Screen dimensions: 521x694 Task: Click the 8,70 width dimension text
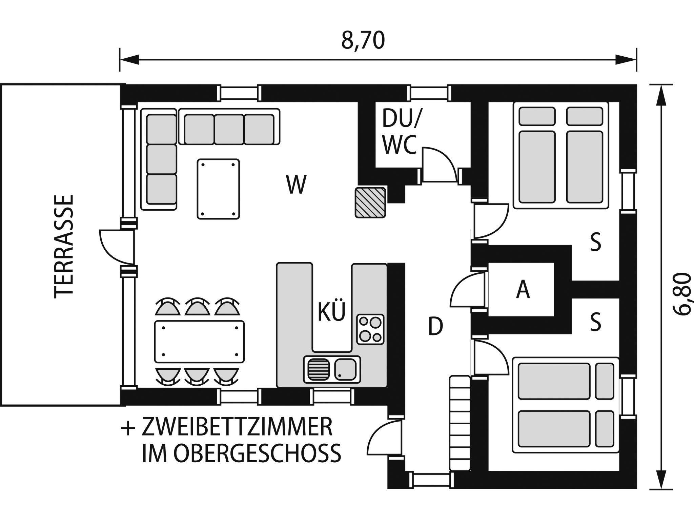tap(363, 41)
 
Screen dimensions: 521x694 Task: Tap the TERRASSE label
tap(64, 246)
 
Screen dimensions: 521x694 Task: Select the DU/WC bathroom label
tap(400, 132)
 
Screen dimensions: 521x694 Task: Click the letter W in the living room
tap(296, 185)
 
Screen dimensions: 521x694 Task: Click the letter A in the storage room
tap(523, 290)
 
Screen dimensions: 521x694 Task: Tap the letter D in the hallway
tap(435, 326)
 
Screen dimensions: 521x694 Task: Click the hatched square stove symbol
tap(370, 202)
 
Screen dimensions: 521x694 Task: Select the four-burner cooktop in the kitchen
tap(370, 329)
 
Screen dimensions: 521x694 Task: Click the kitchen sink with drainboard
tap(332, 369)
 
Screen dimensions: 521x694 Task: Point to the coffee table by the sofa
tap(218, 189)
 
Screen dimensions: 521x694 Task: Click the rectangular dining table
tap(199, 342)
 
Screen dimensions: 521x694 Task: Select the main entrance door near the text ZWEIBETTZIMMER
tap(385, 438)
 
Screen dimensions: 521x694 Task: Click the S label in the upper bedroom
tap(595, 243)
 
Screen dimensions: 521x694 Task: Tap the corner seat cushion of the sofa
tap(162, 129)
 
